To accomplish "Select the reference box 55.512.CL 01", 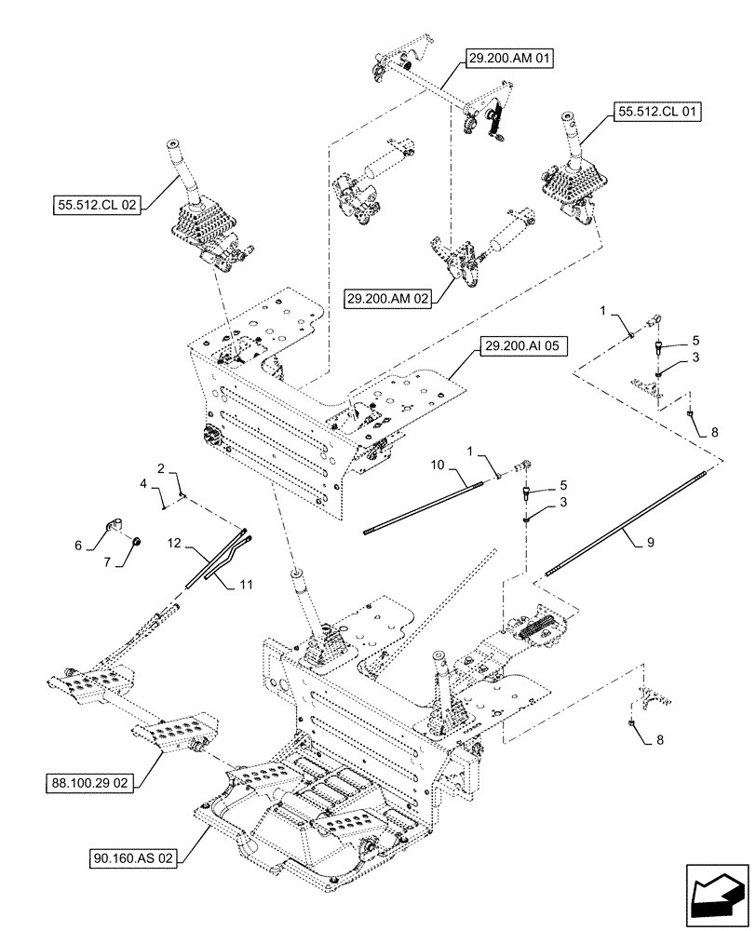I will coord(656,112).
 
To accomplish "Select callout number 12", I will coord(174,542).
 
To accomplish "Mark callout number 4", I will coord(143,484).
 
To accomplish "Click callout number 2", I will coord(160,469).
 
